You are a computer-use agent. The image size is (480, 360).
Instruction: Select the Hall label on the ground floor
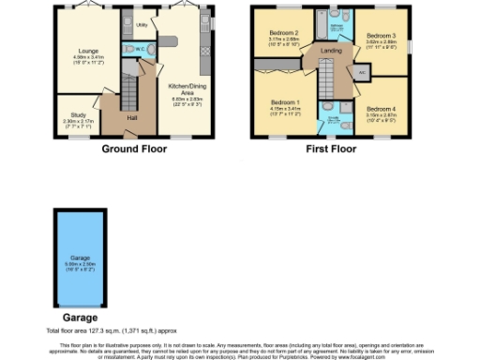click(x=121, y=118)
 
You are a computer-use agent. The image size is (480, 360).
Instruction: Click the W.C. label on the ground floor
click(x=139, y=49)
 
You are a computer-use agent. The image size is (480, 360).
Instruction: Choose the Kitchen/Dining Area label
click(x=185, y=85)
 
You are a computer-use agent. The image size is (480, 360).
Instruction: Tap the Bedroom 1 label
click(x=286, y=102)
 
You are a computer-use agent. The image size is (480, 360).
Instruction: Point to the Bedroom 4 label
click(x=380, y=108)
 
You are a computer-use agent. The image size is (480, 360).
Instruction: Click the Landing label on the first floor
click(x=329, y=52)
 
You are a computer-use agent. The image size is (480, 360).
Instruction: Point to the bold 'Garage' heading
click(x=79, y=320)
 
